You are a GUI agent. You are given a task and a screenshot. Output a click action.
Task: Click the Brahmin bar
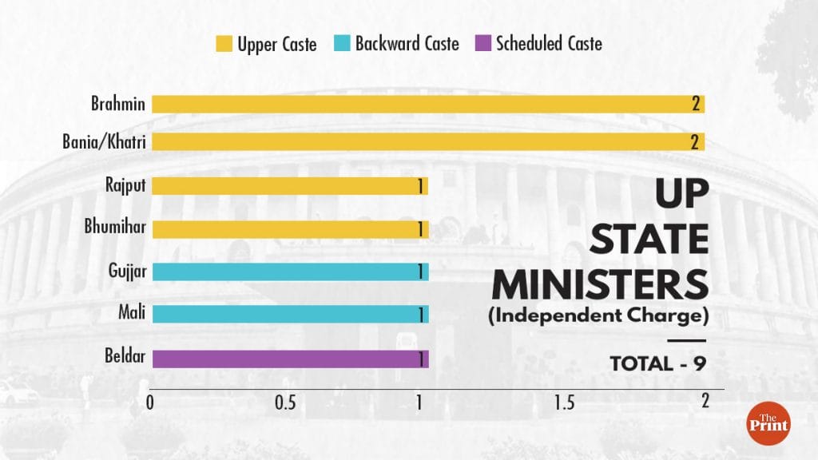tap(428, 104)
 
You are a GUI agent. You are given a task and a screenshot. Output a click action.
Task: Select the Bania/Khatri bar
tap(428, 142)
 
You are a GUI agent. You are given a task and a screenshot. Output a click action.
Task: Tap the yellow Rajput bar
tap(290, 186)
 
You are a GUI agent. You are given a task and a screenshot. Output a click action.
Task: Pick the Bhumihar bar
tap(290, 229)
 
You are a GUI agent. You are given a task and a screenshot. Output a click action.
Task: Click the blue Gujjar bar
tap(290, 272)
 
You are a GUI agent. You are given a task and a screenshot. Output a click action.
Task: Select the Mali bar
tap(290, 314)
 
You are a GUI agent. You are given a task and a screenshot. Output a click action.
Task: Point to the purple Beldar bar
tap(290, 359)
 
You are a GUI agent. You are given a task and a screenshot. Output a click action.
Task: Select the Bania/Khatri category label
tap(104, 142)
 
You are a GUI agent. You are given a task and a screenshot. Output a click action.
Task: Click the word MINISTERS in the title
tap(599, 284)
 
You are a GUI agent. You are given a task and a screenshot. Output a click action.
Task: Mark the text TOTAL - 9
tap(657, 363)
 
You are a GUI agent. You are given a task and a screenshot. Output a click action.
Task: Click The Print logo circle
tap(768, 423)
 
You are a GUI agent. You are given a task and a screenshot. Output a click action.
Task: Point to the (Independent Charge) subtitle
tap(598, 316)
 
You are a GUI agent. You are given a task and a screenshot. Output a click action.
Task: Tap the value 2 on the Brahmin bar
tap(696, 104)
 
